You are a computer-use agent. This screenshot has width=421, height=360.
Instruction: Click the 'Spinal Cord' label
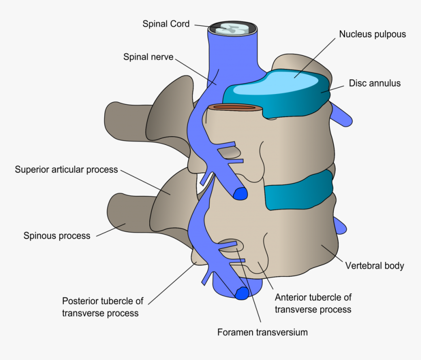tap(165, 24)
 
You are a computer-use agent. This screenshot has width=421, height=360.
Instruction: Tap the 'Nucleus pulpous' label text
tap(372, 34)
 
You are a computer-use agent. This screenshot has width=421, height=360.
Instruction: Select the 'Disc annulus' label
tap(374, 83)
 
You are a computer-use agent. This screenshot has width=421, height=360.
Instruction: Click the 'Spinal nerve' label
tap(148, 57)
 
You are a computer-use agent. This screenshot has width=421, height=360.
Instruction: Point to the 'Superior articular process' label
tap(66, 170)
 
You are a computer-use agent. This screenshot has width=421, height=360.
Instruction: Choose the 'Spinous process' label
tap(57, 236)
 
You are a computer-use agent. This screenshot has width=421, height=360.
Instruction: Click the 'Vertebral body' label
tap(374, 266)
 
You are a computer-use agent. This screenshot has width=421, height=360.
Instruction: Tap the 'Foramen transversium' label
tap(262, 332)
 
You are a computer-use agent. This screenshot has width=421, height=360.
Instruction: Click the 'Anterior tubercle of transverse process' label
tap(313, 303)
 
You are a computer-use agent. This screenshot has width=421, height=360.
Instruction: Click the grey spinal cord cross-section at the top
tap(233, 29)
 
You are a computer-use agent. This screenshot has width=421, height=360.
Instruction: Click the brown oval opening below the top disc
tap(233, 107)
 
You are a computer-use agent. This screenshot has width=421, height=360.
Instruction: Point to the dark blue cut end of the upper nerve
tap(240, 194)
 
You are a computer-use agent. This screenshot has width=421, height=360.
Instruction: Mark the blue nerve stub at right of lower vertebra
tap(340, 225)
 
